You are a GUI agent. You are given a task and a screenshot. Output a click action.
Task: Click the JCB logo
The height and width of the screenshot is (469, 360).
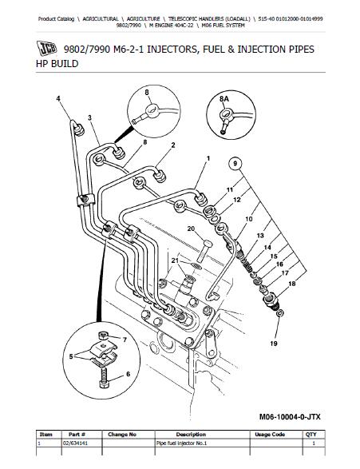[x=46, y=48]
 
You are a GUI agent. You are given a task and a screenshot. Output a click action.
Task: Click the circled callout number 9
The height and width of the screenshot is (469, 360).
[x=235, y=163]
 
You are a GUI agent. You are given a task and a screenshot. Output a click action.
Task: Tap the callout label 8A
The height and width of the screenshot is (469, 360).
[x=224, y=98]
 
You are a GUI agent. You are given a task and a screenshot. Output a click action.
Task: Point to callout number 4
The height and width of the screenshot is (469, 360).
[x=58, y=98]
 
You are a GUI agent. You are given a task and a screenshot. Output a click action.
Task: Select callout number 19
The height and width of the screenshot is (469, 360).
[x=274, y=344]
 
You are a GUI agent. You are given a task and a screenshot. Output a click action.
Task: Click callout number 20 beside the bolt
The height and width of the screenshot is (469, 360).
[x=191, y=229]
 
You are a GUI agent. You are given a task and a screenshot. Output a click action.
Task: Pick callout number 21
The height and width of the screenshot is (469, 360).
[x=175, y=260]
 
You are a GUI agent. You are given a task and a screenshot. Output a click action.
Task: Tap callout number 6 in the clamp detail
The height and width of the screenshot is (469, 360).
[x=128, y=374]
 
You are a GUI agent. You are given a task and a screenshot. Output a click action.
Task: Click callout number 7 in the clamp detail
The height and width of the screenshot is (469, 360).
[x=125, y=340]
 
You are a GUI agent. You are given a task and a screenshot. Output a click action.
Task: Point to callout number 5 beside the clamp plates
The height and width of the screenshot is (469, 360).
[x=71, y=356]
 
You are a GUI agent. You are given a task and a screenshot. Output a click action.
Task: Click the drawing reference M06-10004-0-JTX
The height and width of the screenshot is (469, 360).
[x=290, y=416]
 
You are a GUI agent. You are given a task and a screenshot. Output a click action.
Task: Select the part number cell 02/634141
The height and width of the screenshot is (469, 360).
[x=75, y=443]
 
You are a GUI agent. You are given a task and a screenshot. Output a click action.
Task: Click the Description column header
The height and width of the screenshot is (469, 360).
[x=191, y=435]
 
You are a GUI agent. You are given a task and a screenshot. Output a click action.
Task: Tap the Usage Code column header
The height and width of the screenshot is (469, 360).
[x=270, y=435]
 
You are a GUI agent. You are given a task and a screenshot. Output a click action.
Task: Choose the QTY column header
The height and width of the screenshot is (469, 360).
[x=311, y=435]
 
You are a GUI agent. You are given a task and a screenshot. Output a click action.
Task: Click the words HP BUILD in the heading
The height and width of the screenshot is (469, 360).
[x=57, y=64]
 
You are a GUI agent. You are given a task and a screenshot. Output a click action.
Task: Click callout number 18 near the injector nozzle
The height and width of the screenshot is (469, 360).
[x=292, y=283]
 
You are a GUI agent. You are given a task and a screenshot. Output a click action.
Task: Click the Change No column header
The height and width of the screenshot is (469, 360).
[x=122, y=435]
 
